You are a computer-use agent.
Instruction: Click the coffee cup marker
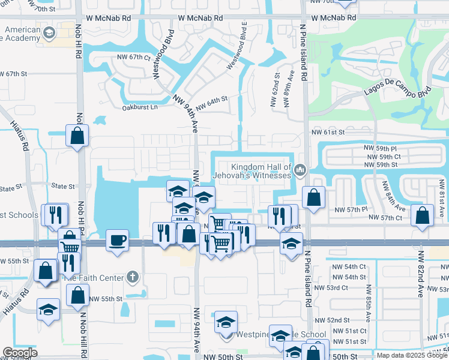[x=117, y=240]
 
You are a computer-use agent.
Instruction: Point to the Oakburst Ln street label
[x=139, y=107]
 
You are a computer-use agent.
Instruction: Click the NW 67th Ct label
[x=134, y=58]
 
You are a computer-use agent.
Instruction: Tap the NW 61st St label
[x=328, y=132]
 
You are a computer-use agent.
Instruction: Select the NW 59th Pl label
[x=380, y=147]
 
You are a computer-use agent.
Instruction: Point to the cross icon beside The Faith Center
[x=133, y=277]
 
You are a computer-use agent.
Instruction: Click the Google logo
[x=20, y=353]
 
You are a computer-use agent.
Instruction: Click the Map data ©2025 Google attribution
[x=412, y=355]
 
